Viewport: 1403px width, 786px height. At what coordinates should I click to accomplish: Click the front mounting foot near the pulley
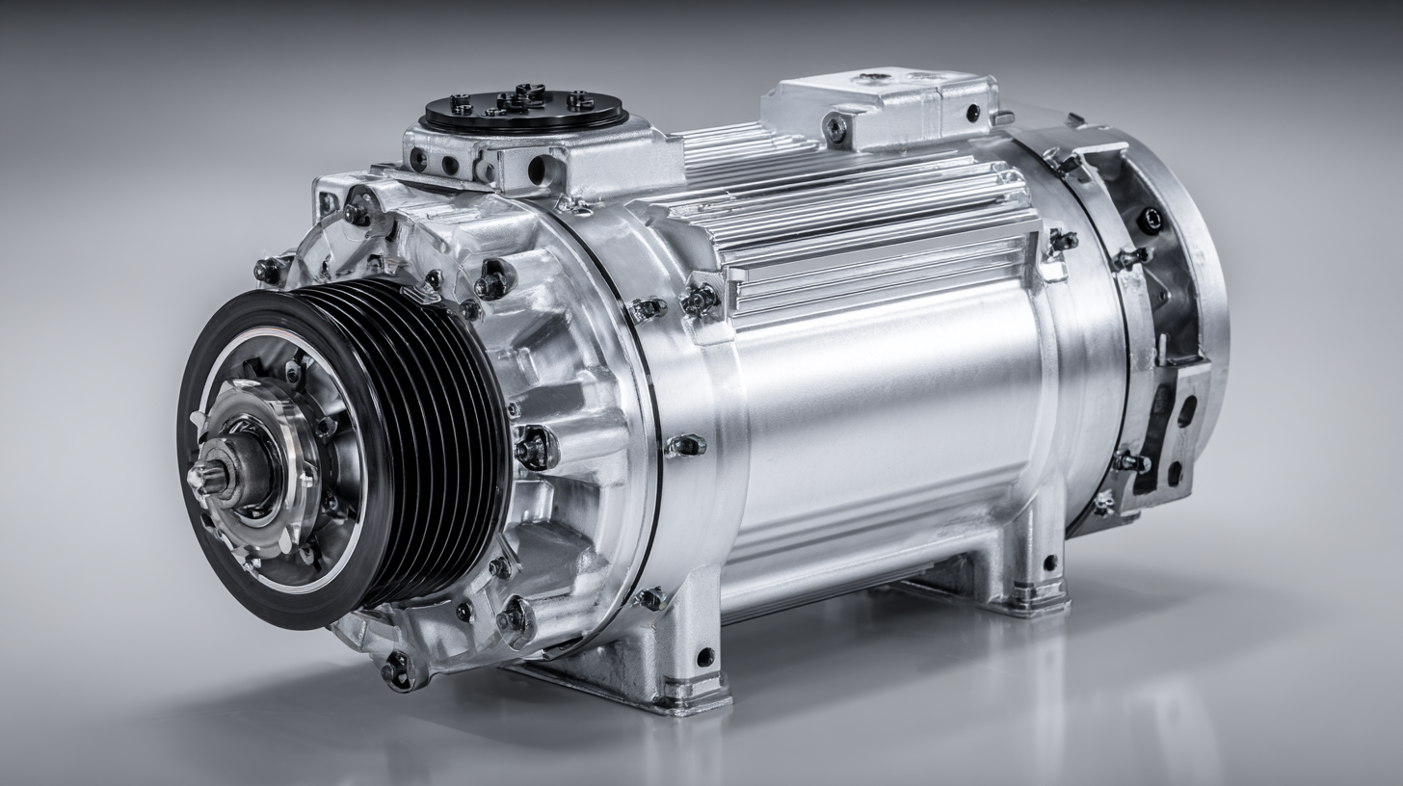[675, 655]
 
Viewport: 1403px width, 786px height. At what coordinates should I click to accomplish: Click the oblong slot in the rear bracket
[1186, 410]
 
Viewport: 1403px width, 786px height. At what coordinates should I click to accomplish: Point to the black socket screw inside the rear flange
[1151, 221]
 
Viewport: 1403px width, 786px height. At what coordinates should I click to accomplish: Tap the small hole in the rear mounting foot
[1049, 562]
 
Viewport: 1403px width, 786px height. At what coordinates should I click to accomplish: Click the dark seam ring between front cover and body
[648, 433]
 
